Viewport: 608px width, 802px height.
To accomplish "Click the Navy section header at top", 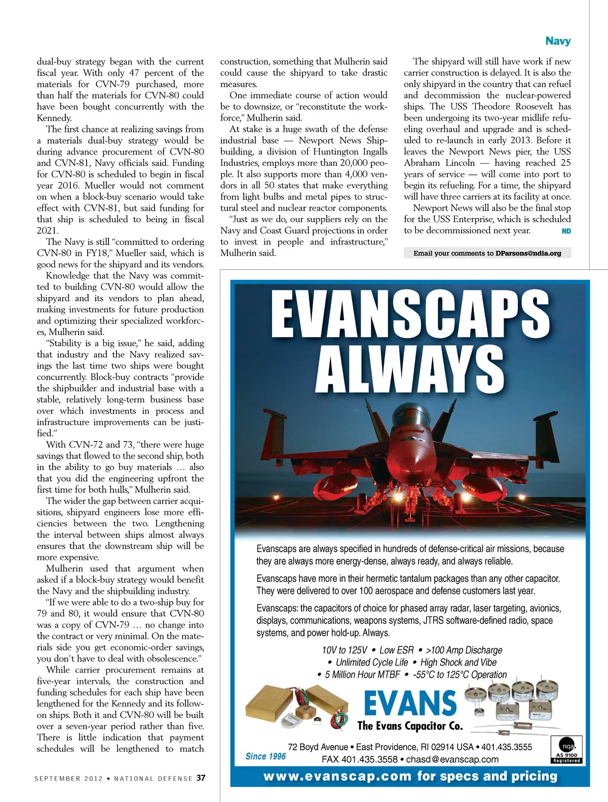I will tap(558, 41).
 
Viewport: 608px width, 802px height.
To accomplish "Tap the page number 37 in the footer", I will tap(201, 778).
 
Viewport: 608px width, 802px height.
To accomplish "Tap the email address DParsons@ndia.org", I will tap(528, 253).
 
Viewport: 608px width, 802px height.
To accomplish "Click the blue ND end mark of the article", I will tap(566, 231).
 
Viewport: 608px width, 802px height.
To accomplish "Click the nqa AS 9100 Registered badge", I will tap(567, 750).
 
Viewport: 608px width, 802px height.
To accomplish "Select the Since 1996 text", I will tap(265, 756).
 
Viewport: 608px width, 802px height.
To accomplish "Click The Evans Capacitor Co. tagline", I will tap(410, 726).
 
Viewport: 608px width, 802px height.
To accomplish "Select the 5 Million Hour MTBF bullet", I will tap(362, 675).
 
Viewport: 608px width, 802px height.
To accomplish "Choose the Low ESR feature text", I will tap(397, 650).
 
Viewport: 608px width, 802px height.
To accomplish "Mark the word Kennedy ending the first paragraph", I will tap(54, 118).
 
